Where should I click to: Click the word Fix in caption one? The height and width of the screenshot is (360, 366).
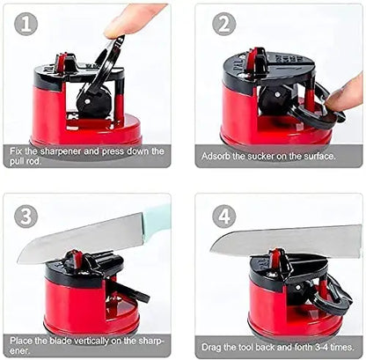click(x=18, y=151)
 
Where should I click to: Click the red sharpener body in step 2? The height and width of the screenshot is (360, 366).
click(x=255, y=119)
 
